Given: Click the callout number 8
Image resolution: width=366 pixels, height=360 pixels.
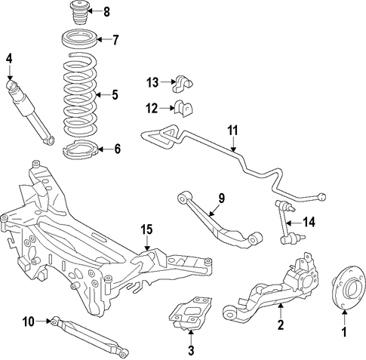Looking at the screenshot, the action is pyautogui.click(x=106, y=11).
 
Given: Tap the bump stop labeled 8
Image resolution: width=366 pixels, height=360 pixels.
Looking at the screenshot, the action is pyautogui.click(x=78, y=13).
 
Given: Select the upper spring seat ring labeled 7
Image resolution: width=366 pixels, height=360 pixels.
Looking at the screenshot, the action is pyautogui.click(x=79, y=39).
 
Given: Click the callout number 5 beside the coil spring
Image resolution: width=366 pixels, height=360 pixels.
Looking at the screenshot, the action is pyautogui.click(x=115, y=95).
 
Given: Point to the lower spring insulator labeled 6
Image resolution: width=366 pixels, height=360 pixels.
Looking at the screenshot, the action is pyautogui.click(x=79, y=150).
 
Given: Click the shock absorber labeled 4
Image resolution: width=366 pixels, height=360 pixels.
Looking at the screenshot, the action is pyautogui.click(x=29, y=112).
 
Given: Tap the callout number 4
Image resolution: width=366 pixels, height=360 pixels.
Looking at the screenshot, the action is pyautogui.click(x=9, y=59).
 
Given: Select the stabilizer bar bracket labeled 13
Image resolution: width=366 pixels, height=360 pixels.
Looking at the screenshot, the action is pyautogui.click(x=183, y=83).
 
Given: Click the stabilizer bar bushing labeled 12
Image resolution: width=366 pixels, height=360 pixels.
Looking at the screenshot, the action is pyautogui.click(x=183, y=109).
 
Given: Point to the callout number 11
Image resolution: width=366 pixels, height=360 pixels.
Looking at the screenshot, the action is pyautogui.click(x=232, y=131).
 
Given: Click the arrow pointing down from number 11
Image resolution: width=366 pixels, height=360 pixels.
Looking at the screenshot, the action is pyautogui.click(x=234, y=144).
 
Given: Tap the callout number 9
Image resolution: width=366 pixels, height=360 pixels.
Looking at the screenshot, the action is pyautogui.click(x=221, y=198).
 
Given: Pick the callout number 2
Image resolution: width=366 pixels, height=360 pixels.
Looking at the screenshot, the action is pyautogui.click(x=280, y=325).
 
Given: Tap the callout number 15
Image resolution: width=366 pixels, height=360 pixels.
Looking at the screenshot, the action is pyautogui.click(x=146, y=229).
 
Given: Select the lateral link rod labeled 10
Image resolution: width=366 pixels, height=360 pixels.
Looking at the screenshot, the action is pyautogui.click(x=90, y=337).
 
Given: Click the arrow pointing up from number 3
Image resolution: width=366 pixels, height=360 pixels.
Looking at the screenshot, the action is pyautogui.click(x=191, y=337).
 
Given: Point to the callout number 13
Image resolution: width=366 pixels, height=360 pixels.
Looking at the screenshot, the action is pyautogui.click(x=152, y=82).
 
